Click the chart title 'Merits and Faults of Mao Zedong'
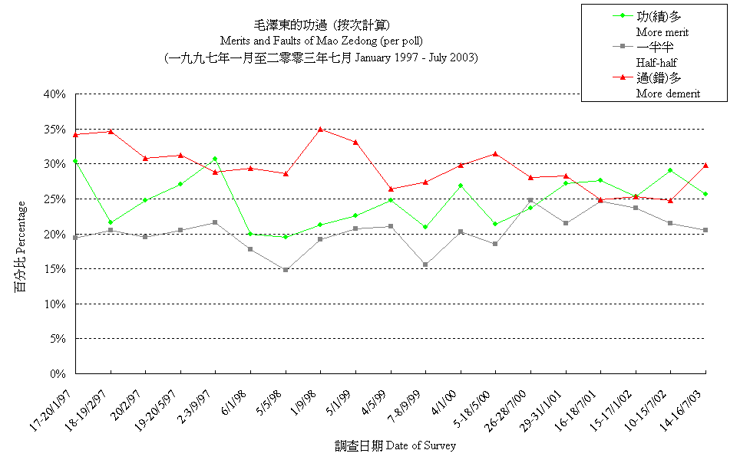(x=321, y=41)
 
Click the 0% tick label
(x=59, y=374)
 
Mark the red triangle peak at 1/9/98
(x=320, y=129)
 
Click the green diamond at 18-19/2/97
(x=111, y=222)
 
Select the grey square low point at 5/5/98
(x=286, y=270)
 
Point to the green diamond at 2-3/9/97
(x=216, y=159)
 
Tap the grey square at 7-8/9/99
(x=425, y=264)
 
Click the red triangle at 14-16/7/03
(x=705, y=165)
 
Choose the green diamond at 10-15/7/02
(x=670, y=170)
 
